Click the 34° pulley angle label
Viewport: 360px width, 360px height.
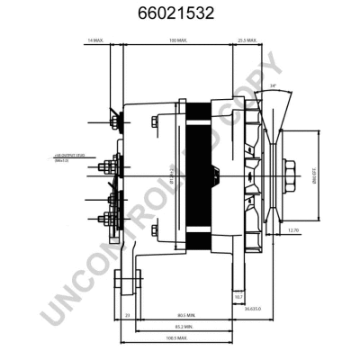[x=273, y=86]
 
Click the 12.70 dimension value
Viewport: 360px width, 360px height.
[x=293, y=230]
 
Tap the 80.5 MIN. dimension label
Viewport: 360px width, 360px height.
[x=186, y=314]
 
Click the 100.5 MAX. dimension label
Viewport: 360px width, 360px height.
[x=176, y=338]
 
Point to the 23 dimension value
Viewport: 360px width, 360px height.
[x=128, y=314]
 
